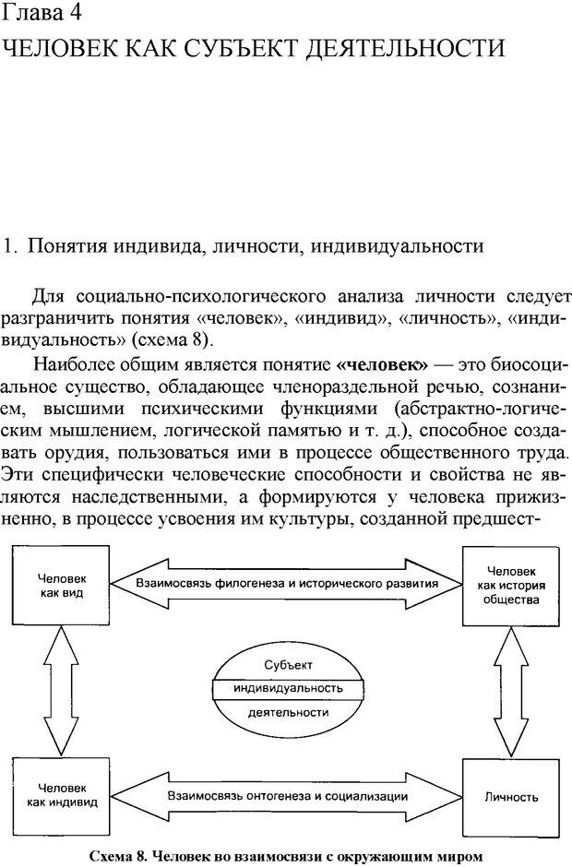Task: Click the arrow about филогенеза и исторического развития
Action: click(x=286, y=583)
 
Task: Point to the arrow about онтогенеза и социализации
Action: click(x=287, y=794)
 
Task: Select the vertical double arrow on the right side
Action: click(x=510, y=692)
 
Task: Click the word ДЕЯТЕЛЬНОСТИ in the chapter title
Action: click(x=424, y=47)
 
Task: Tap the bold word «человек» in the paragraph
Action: click(x=383, y=358)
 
